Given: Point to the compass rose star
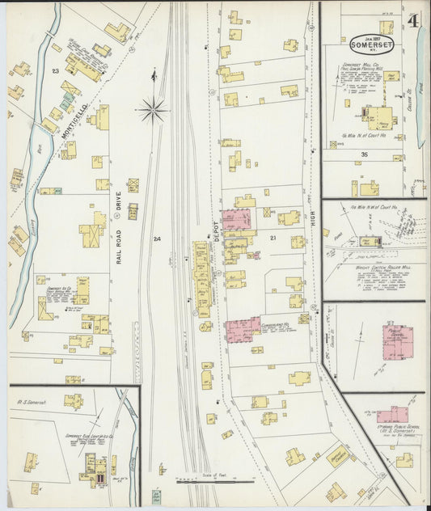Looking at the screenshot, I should coord(152,108).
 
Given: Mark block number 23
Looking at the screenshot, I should coord(55,72).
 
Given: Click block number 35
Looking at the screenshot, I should coord(366,154).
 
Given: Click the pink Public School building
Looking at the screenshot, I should coord(397,340).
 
